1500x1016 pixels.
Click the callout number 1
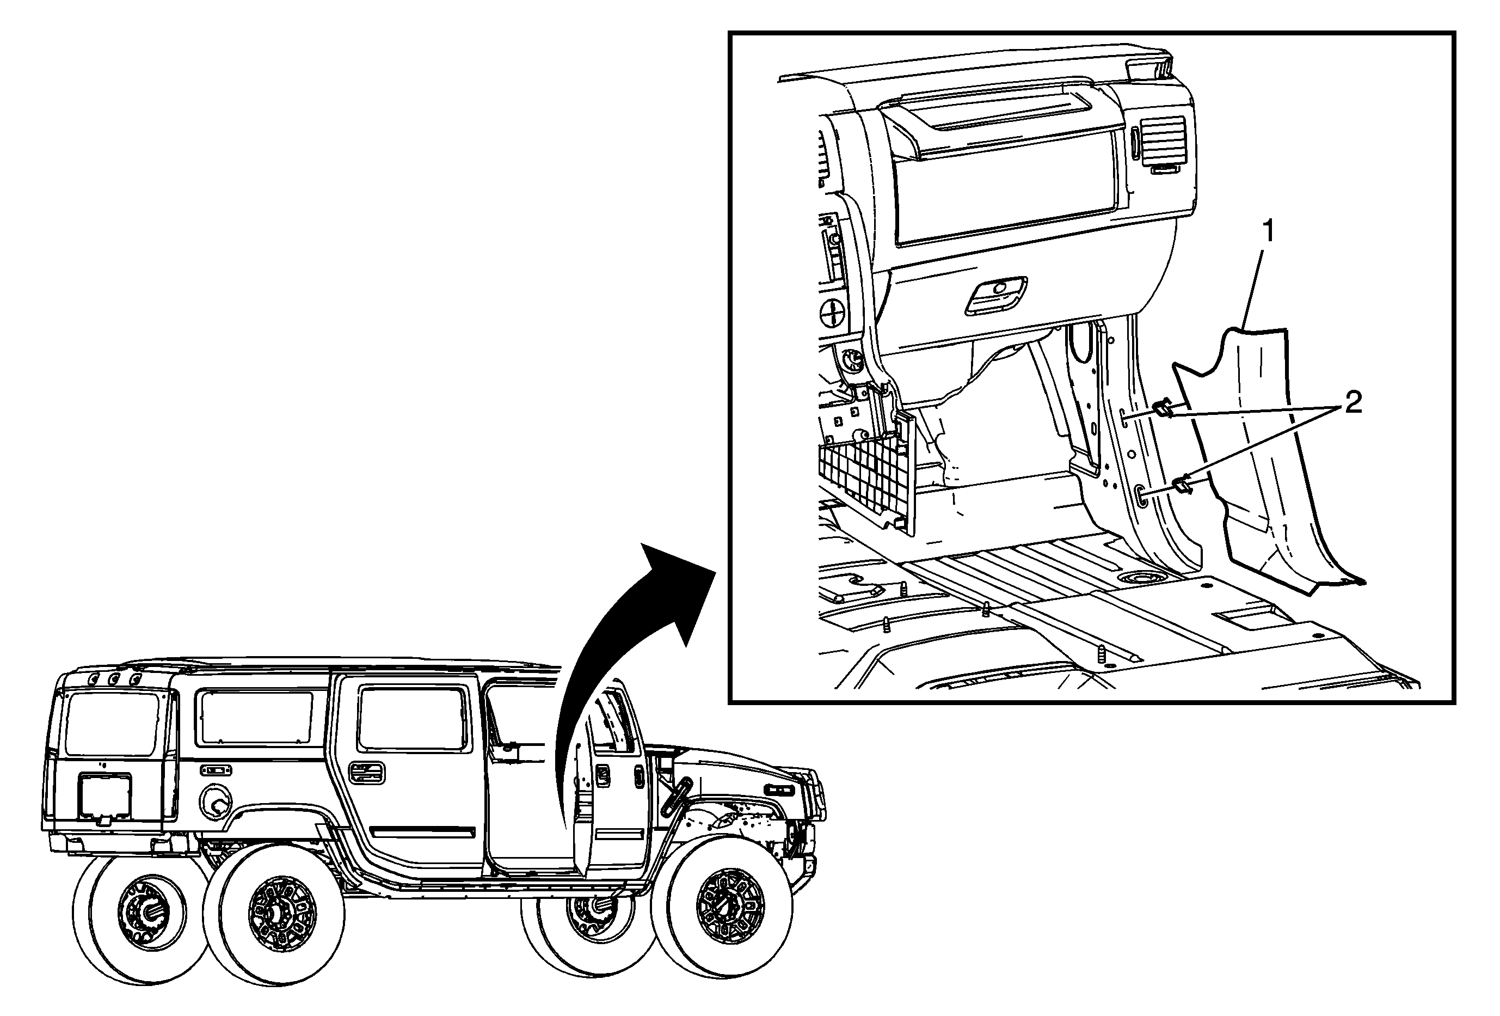[1268, 231]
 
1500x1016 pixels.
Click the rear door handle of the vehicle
[366, 772]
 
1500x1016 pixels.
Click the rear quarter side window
[256, 717]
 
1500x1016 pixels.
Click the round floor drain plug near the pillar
[1145, 578]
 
